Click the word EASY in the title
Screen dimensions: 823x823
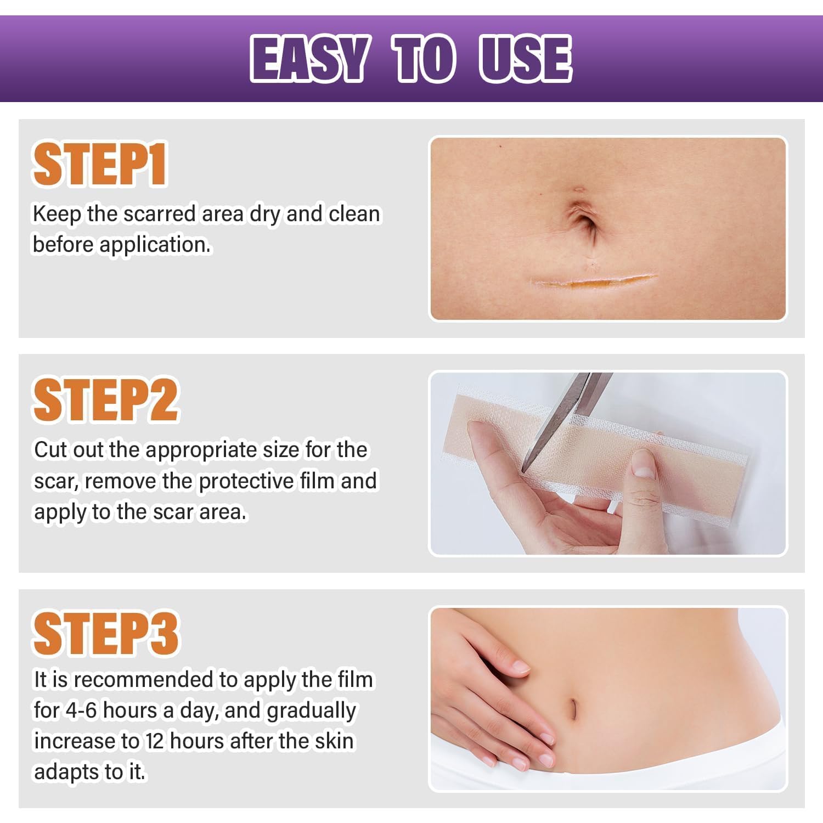(309, 59)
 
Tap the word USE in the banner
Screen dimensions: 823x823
(525, 59)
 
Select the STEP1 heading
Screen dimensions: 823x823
(100, 165)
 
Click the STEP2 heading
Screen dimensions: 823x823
(106, 400)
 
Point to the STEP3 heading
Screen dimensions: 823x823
(106, 634)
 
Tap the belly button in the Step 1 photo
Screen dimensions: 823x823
(583, 222)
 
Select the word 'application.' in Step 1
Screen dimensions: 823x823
(155, 245)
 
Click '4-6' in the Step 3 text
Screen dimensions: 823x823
(81, 711)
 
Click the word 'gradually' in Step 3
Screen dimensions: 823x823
(311, 711)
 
